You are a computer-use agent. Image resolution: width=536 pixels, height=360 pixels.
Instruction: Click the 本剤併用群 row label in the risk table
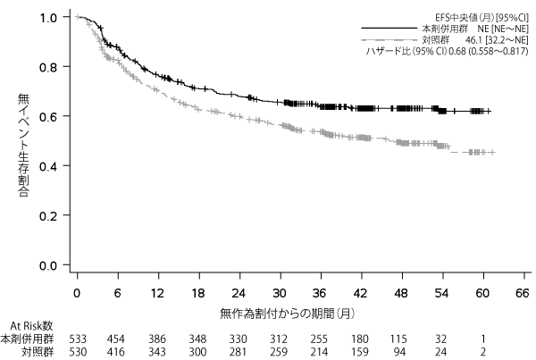[x=27, y=339]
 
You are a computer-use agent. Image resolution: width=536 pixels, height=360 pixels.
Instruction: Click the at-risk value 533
[x=78, y=339]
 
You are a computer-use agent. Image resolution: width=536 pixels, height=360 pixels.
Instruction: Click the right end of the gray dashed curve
[x=494, y=153]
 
